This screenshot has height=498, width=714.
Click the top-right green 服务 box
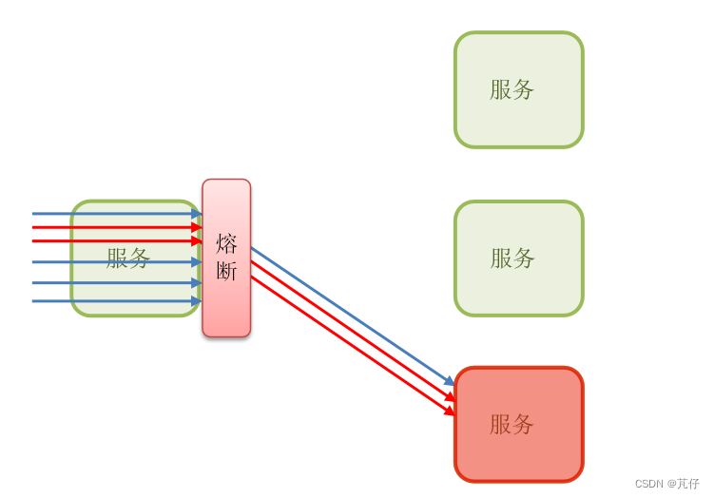518,90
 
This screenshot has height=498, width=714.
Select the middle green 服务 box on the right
518,259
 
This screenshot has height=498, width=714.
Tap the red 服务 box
518,424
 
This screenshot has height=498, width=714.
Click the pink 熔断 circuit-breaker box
226,304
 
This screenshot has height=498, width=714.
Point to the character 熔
226,244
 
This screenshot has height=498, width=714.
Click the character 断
226,271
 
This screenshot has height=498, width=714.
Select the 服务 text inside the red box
511,424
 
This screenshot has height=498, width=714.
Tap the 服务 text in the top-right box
511,89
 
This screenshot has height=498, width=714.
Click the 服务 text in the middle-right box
512,258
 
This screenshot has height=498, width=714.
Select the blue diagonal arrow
352,316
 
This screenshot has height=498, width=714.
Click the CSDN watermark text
666,484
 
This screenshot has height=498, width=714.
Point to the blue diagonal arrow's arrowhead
451,382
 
